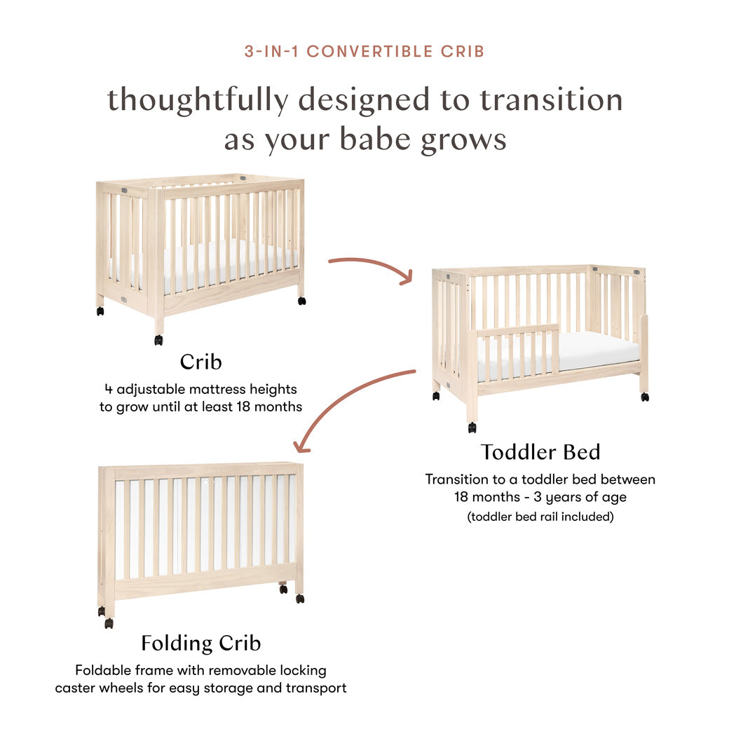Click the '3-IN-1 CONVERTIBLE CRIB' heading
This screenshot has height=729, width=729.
tap(364, 51)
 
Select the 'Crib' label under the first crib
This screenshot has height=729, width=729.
tap(200, 362)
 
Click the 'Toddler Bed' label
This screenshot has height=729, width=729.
tap(540, 452)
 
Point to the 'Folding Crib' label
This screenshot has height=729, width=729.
tap(200, 643)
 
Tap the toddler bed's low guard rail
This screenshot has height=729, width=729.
tap(519, 329)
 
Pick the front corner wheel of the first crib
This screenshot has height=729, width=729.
tap(158, 340)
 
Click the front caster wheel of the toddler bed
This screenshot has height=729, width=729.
tap(472, 427)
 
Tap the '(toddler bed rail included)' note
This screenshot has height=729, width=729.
tap(540, 517)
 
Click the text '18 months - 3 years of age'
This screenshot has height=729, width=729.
tap(540, 498)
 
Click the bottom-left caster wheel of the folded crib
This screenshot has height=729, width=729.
tap(109, 622)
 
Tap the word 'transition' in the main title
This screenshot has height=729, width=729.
tap(551, 100)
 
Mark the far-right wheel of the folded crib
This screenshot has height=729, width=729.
tap(300, 599)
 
